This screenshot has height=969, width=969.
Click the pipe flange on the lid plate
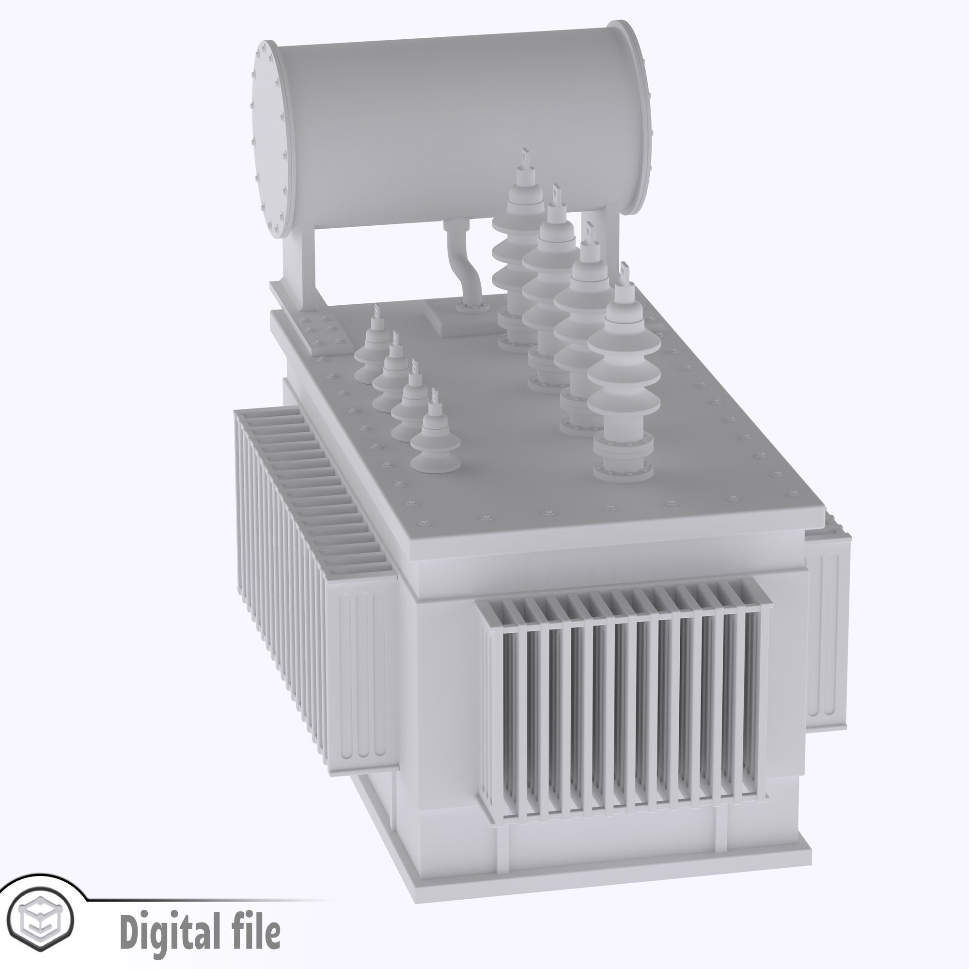click(x=472, y=308)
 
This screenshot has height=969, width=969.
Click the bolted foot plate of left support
click(x=321, y=333)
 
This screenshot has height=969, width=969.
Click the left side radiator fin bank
click(x=286, y=552)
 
